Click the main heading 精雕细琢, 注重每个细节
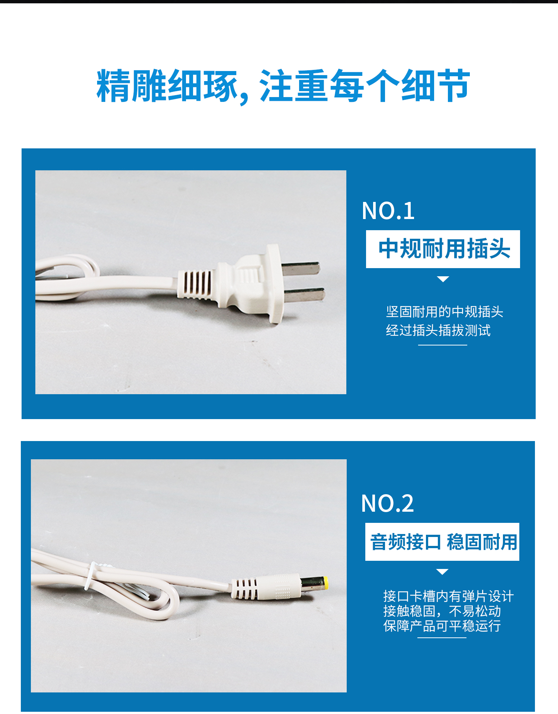(x=283, y=86)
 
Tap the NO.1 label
(x=388, y=211)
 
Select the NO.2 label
(x=387, y=504)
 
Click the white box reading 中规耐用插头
(x=443, y=249)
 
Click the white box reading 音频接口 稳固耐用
(x=442, y=542)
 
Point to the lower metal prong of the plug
(x=305, y=295)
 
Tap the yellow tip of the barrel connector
(x=325, y=583)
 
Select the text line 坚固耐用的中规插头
(x=444, y=312)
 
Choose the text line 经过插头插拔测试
(x=438, y=330)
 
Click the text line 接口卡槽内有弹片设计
(x=448, y=596)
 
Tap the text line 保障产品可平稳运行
(x=442, y=626)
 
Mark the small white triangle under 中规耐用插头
(x=443, y=279)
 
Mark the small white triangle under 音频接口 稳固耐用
(x=442, y=572)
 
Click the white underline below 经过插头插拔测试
(x=442, y=345)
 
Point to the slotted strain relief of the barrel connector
(x=244, y=588)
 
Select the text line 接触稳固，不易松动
(x=442, y=611)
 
